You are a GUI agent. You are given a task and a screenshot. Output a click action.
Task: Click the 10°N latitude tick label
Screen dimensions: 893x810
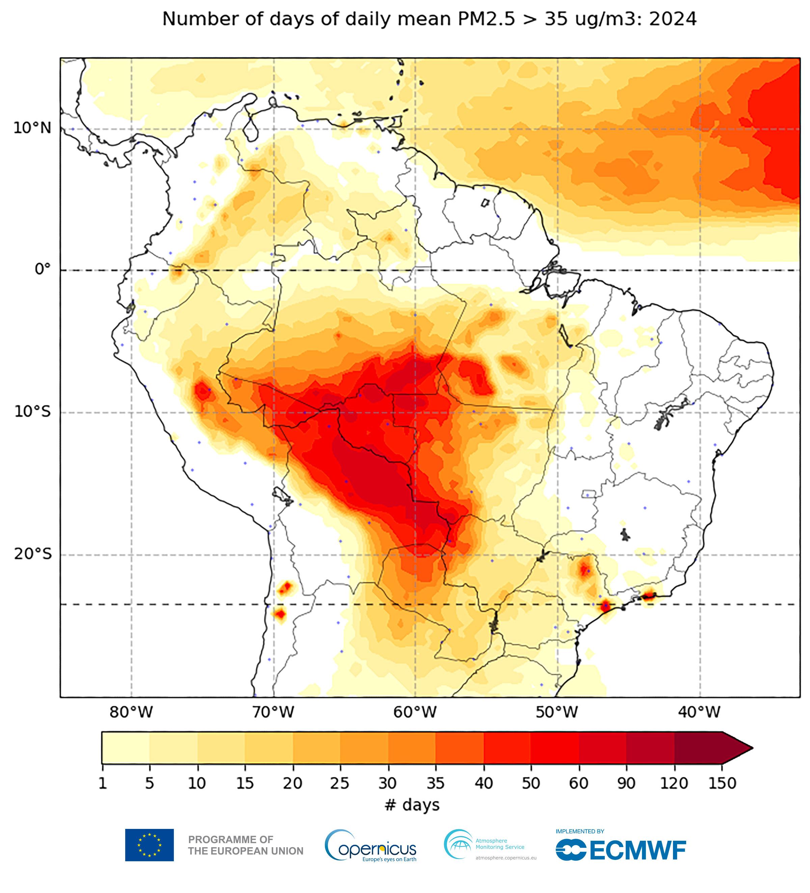[32, 128]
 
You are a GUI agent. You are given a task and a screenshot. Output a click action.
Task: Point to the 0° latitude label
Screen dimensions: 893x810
[43, 269]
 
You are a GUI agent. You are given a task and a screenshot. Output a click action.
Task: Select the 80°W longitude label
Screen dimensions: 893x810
[131, 712]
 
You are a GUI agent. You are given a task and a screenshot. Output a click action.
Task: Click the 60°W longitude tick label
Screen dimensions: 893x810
[415, 712]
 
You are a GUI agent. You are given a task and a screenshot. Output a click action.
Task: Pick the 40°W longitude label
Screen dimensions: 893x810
[699, 712]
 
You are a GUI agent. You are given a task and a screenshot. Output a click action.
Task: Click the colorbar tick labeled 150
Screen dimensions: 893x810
[722, 783]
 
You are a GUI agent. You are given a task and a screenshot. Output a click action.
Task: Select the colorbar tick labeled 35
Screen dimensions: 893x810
[435, 783]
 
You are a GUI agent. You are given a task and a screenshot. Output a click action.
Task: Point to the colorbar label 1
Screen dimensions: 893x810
[102, 783]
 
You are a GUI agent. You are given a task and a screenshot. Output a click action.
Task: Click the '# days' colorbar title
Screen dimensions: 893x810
[412, 804]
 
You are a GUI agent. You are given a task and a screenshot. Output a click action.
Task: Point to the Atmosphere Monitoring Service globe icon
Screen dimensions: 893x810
[458, 844]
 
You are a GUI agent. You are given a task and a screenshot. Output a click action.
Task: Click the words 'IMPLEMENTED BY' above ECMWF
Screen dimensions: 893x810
[579, 831]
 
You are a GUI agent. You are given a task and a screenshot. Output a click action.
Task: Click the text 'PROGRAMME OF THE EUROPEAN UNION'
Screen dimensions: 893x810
[246, 845]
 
